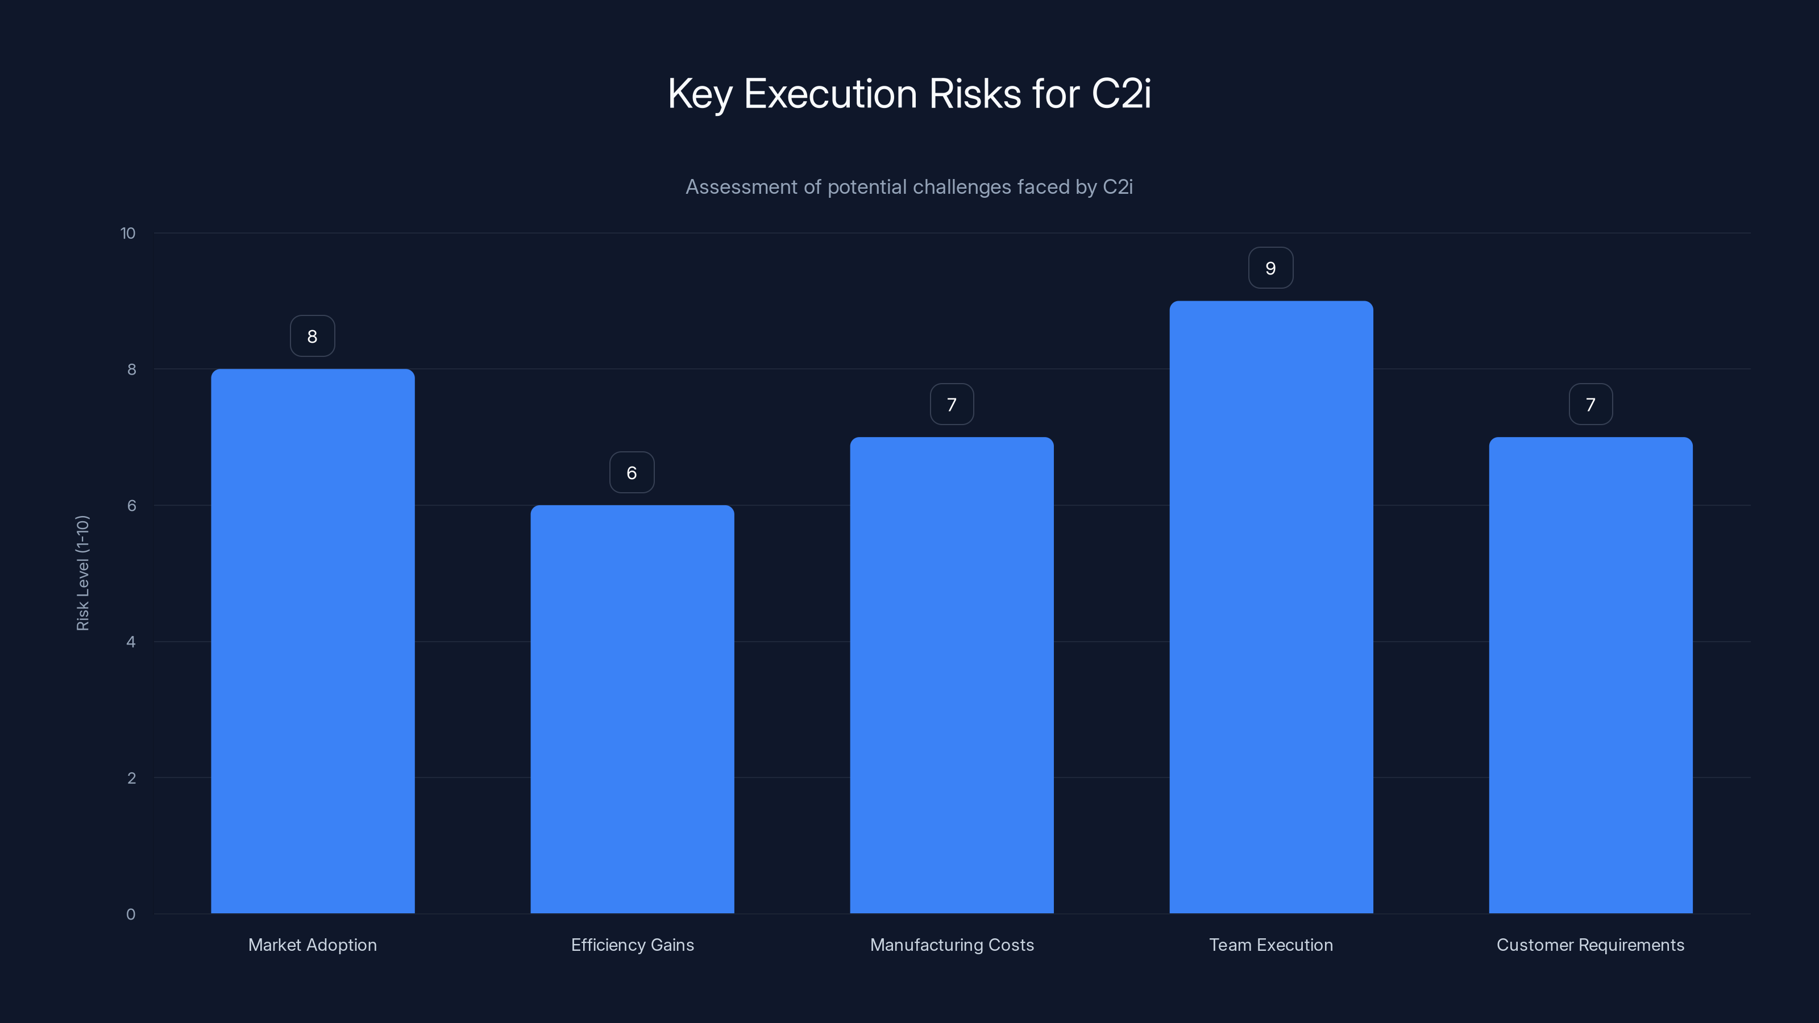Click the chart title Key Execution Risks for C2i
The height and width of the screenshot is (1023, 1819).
point(909,94)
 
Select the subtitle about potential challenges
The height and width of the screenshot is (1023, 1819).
point(909,187)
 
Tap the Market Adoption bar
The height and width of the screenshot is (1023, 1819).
point(313,641)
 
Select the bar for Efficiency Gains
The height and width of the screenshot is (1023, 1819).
point(632,709)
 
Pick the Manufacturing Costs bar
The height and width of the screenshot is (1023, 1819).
point(952,675)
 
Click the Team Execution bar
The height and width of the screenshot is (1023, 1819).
point(1271,607)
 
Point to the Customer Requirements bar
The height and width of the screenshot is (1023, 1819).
point(1590,675)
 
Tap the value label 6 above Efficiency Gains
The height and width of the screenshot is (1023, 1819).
point(632,473)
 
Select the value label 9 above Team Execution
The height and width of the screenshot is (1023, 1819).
point(1270,268)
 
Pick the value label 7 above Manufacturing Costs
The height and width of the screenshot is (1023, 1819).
point(952,405)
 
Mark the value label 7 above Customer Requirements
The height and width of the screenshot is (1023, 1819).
point(1590,405)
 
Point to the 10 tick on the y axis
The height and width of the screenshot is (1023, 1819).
point(128,234)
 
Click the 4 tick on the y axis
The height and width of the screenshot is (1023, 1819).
point(131,642)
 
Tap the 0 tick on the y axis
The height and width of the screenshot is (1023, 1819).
point(131,914)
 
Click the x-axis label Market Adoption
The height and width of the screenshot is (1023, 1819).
point(313,945)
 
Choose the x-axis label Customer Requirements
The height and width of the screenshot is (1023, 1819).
point(1590,945)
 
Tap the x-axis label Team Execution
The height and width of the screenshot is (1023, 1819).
point(1271,945)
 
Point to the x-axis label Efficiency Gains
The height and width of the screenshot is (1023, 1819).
point(632,945)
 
